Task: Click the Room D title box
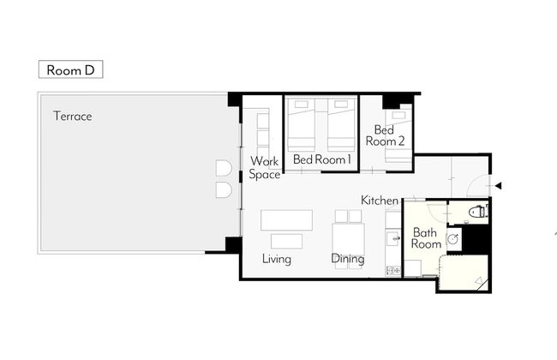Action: [x=70, y=69]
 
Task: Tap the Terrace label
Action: [x=73, y=117]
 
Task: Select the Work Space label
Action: [x=264, y=167]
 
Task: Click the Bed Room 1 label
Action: [x=322, y=159]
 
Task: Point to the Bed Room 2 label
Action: [x=385, y=135]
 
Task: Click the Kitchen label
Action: [x=380, y=200]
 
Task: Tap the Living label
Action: [x=277, y=259]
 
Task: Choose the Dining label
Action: [x=348, y=259]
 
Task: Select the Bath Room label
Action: [x=426, y=238]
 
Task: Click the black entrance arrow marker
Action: [x=498, y=185]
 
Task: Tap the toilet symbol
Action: [x=478, y=212]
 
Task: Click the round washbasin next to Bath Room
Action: [x=452, y=239]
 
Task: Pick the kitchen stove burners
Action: [x=393, y=271]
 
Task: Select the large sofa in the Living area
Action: [x=287, y=220]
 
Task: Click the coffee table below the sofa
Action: [x=287, y=242]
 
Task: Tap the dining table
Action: [x=349, y=239]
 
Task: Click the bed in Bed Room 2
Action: [x=398, y=136]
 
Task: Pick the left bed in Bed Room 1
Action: [x=302, y=125]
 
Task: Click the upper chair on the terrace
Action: [x=224, y=168]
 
